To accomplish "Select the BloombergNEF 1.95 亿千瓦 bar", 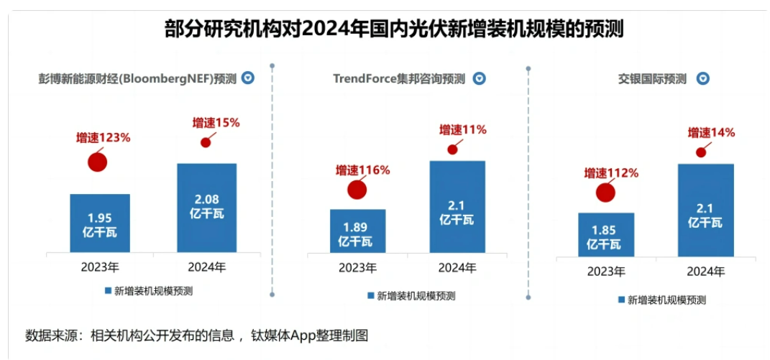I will pyautogui.click(x=100, y=223).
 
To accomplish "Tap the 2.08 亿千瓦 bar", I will pyautogui.click(x=207, y=208).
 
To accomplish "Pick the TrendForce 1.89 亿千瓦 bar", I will pyautogui.click(x=357, y=231).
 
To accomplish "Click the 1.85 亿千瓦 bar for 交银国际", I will pyautogui.click(x=606, y=234).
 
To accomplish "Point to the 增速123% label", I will pyautogui.click(x=104, y=137).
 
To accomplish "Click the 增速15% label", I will pyautogui.click(x=216, y=123).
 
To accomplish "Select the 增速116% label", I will pyautogui.click(x=362, y=170).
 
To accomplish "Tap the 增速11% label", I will pyautogui.click(x=463, y=130).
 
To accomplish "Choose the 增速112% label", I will pyautogui.click(x=611, y=173).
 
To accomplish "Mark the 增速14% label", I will pyautogui.click(x=711, y=132).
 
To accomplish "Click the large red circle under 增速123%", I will pyautogui.click(x=97, y=162).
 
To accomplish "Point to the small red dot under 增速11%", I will pyautogui.click(x=452, y=149).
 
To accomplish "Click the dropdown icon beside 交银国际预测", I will pyautogui.click(x=702, y=78).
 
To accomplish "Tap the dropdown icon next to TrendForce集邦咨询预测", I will pyautogui.click(x=480, y=78).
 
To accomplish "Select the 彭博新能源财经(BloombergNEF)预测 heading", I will pyautogui.click(x=137, y=78).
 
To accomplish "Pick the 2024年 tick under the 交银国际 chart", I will pyautogui.click(x=705, y=271).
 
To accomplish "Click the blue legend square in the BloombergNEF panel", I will pyautogui.click(x=107, y=291).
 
